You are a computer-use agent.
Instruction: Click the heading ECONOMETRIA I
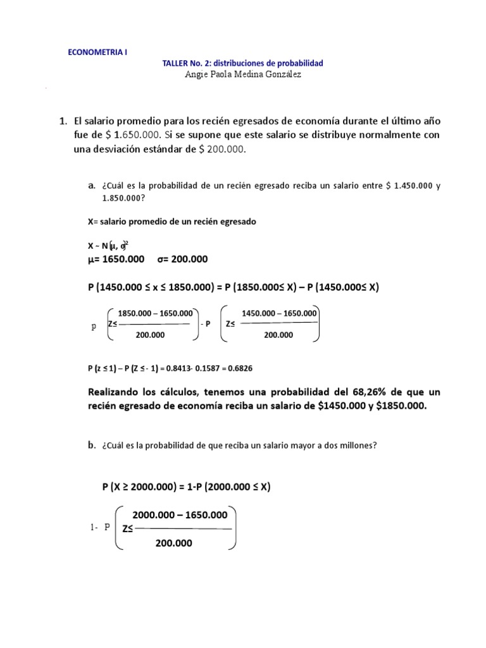(97, 53)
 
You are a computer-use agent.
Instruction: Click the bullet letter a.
(92, 185)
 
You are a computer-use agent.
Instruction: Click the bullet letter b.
(92, 445)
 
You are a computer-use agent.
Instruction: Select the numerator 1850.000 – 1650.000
(154, 313)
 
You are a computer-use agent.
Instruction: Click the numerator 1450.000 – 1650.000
(280, 313)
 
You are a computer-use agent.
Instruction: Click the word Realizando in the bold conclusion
(115, 392)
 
